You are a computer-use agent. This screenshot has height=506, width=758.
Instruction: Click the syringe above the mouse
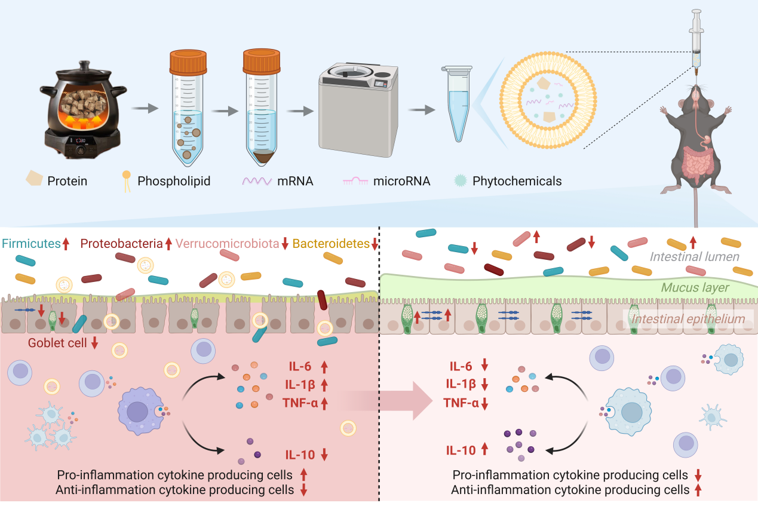pos(696,42)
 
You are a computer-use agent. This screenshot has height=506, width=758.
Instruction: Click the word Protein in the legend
pos(67,181)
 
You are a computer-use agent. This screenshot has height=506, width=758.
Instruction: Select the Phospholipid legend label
pos(174,181)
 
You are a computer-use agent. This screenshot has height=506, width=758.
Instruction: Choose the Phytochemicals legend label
pos(517,181)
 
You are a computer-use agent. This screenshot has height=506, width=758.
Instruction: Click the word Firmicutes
pos(30,243)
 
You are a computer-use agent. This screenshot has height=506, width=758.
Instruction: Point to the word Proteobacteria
pos(121,243)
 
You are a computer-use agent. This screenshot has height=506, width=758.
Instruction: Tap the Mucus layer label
pos(695,288)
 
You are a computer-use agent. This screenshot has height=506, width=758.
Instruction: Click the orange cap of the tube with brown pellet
pos(262,61)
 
